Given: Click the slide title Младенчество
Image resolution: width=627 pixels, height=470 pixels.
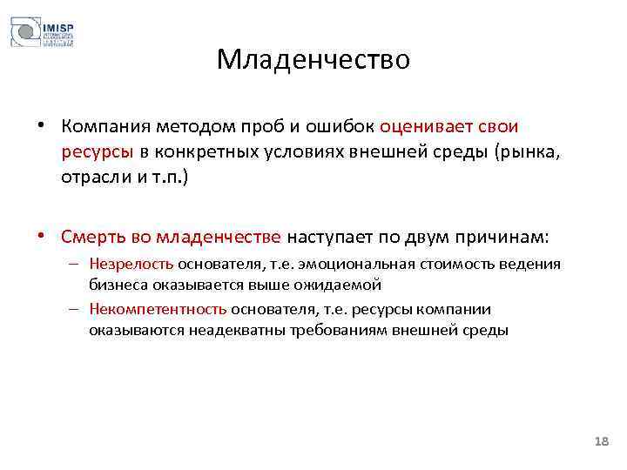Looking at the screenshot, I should (x=313, y=59).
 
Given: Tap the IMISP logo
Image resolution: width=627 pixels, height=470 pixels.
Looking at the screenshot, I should (x=42, y=32).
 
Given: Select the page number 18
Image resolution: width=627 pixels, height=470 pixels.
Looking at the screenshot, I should (x=600, y=443).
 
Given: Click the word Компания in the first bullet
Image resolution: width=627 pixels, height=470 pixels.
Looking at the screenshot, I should (x=106, y=127).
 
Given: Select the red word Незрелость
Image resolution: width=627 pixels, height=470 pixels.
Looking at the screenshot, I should (x=131, y=264).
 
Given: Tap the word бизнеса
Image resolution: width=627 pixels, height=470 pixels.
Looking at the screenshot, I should (x=113, y=285).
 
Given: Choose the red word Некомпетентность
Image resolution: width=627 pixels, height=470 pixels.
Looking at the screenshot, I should (x=158, y=309).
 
